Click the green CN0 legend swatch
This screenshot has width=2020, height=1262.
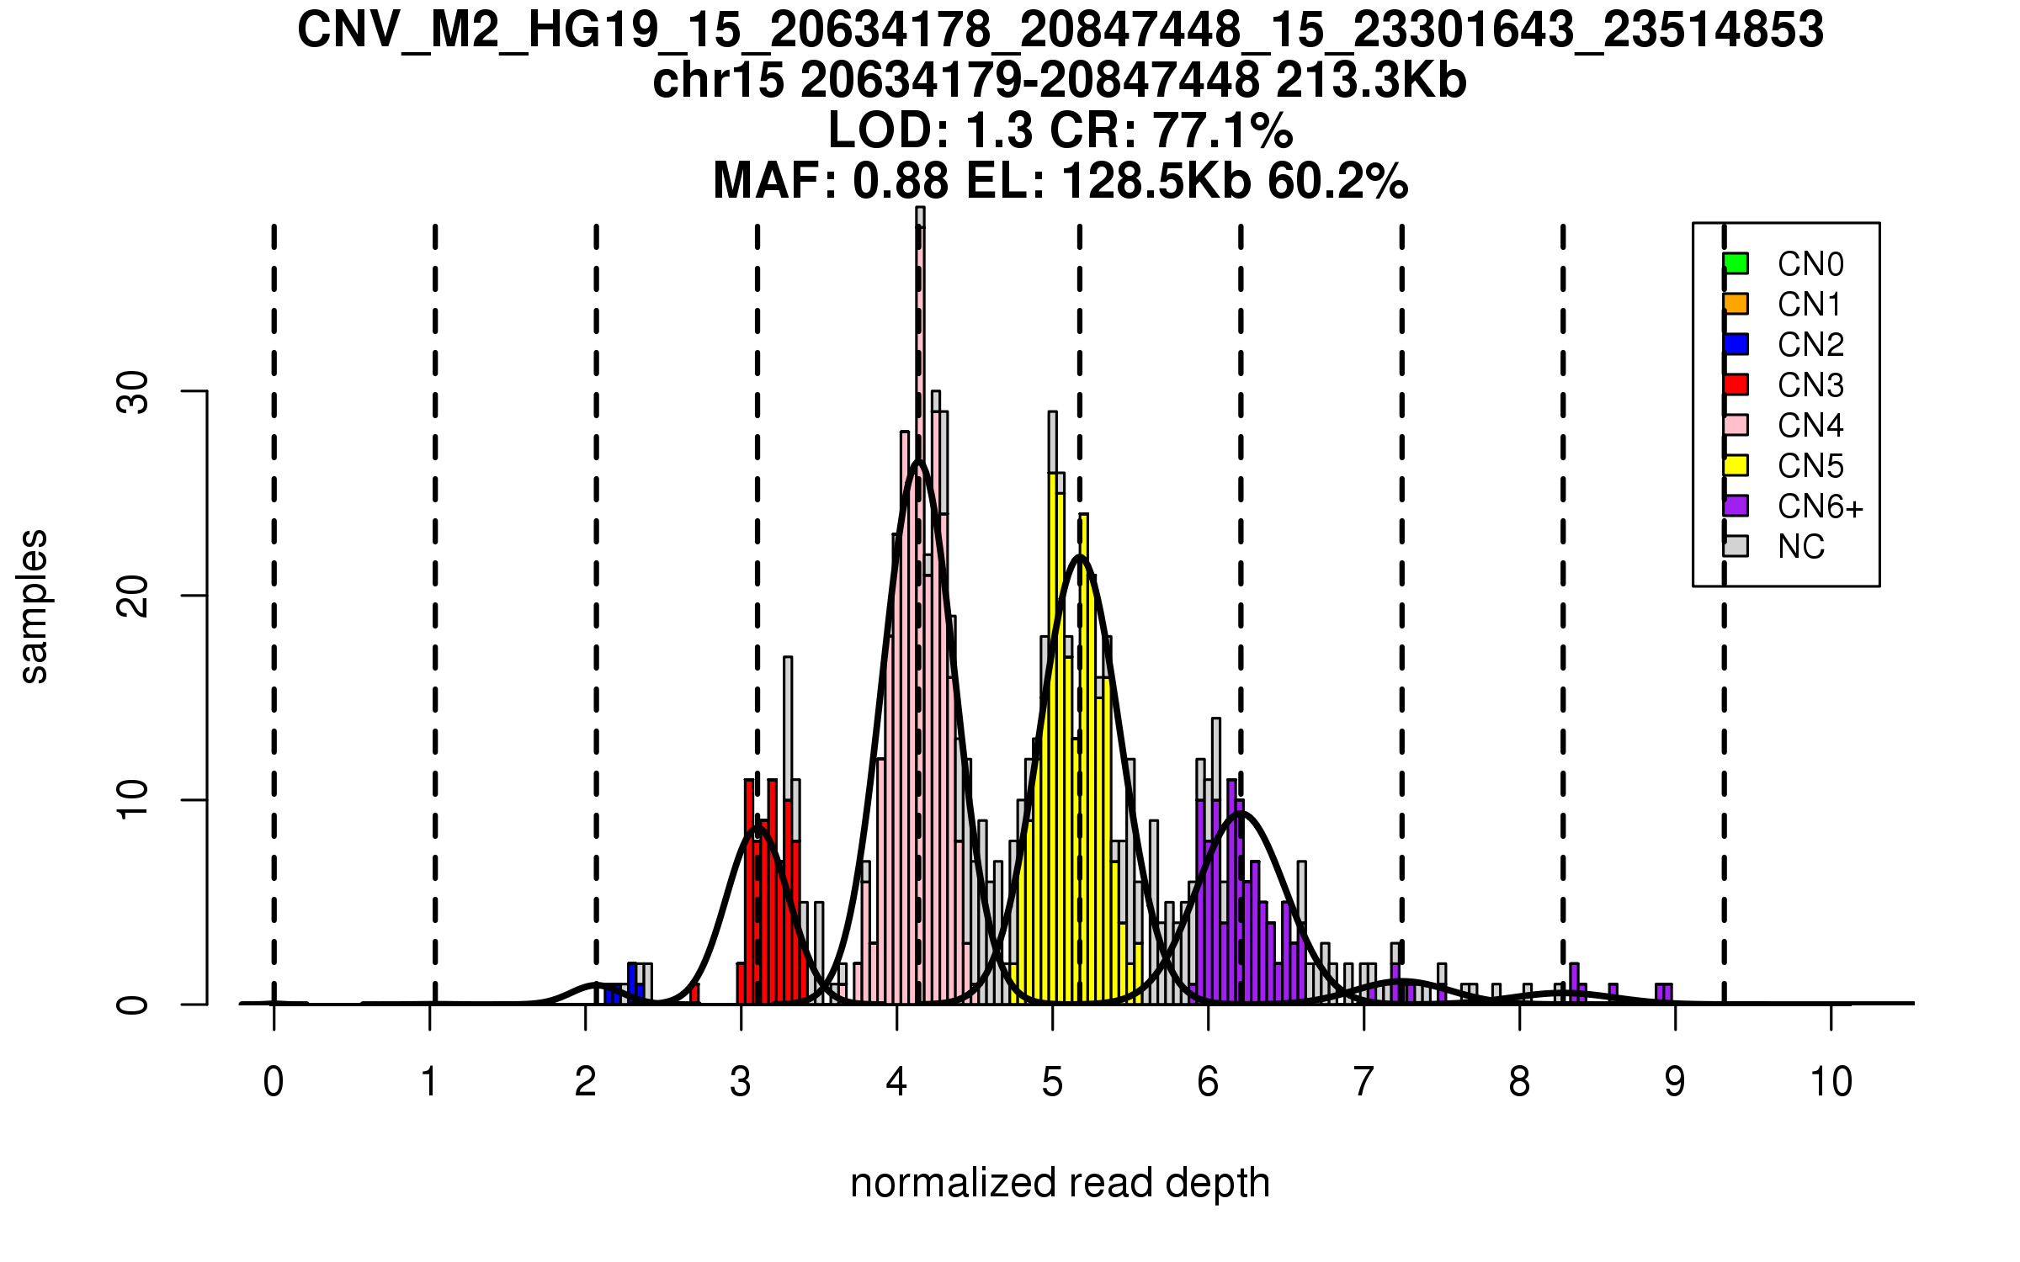(x=1736, y=263)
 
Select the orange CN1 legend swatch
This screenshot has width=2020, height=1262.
(x=1736, y=304)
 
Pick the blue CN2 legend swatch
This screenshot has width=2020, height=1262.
(x=1736, y=344)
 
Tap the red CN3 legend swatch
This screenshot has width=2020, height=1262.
(x=1736, y=384)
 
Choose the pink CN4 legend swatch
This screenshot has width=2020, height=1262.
(x=1736, y=425)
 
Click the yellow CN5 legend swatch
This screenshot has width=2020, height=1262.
(x=1736, y=465)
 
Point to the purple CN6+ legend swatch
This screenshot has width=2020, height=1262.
(x=1736, y=506)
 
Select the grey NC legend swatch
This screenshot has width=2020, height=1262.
(x=1736, y=546)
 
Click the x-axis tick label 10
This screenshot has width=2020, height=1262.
(x=1831, y=1082)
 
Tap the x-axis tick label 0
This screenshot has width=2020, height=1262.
(x=274, y=1082)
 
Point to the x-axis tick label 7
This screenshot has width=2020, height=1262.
(x=1363, y=1082)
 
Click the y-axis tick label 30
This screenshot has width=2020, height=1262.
(x=133, y=392)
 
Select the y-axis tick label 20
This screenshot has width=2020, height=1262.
(x=133, y=597)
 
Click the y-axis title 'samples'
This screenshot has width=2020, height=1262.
(x=34, y=606)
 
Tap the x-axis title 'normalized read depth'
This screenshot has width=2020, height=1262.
(x=1060, y=1183)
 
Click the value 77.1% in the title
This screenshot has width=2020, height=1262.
(x=1222, y=131)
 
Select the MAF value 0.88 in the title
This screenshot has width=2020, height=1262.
(x=901, y=182)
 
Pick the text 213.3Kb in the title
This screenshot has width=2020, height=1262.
(x=1371, y=81)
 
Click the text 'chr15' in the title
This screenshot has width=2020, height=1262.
(x=718, y=81)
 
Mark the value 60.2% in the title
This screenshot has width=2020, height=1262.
(x=1337, y=182)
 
